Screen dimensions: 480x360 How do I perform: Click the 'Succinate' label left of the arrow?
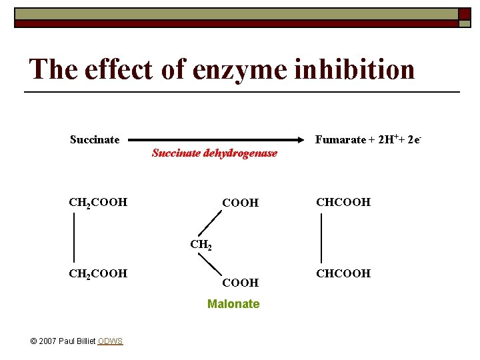click(x=95, y=139)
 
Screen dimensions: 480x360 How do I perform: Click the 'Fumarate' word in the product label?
click(x=340, y=139)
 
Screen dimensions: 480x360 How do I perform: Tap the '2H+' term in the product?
click(x=388, y=139)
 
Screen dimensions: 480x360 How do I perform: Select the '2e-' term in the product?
click(x=414, y=139)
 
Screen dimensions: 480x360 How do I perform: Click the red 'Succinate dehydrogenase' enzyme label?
click(x=214, y=153)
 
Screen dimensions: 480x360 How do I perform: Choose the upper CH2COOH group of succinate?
click(x=98, y=202)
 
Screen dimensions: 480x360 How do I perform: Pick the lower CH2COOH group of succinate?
click(x=98, y=273)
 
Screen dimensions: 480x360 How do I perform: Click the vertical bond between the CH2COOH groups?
click(x=73, y=237)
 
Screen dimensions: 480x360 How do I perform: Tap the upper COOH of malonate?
click(x=240, y=203)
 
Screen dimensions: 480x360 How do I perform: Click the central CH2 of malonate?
click(x=201, y=244)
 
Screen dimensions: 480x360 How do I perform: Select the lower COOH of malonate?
click(x=240, y=283)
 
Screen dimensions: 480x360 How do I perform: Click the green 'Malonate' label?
click(x=233, y=304)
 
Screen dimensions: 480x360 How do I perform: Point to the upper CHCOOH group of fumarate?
click(x=344, y=202)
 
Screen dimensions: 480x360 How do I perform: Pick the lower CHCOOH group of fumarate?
click(x=344, y=273)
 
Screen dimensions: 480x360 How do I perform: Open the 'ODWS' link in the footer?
click(x=110, y=341)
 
